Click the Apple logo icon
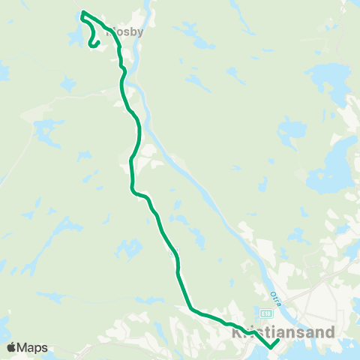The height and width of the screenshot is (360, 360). click(11, 347)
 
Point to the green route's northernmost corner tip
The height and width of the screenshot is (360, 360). click(82, 12)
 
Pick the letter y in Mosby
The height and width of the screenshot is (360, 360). click(139, 33)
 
